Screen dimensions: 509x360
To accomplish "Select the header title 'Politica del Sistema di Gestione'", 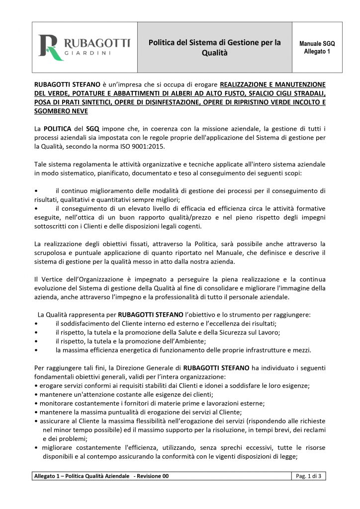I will (215, 43).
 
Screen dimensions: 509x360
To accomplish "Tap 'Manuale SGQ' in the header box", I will (317, 43).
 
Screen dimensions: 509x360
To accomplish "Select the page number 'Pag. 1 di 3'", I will (308, 476).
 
